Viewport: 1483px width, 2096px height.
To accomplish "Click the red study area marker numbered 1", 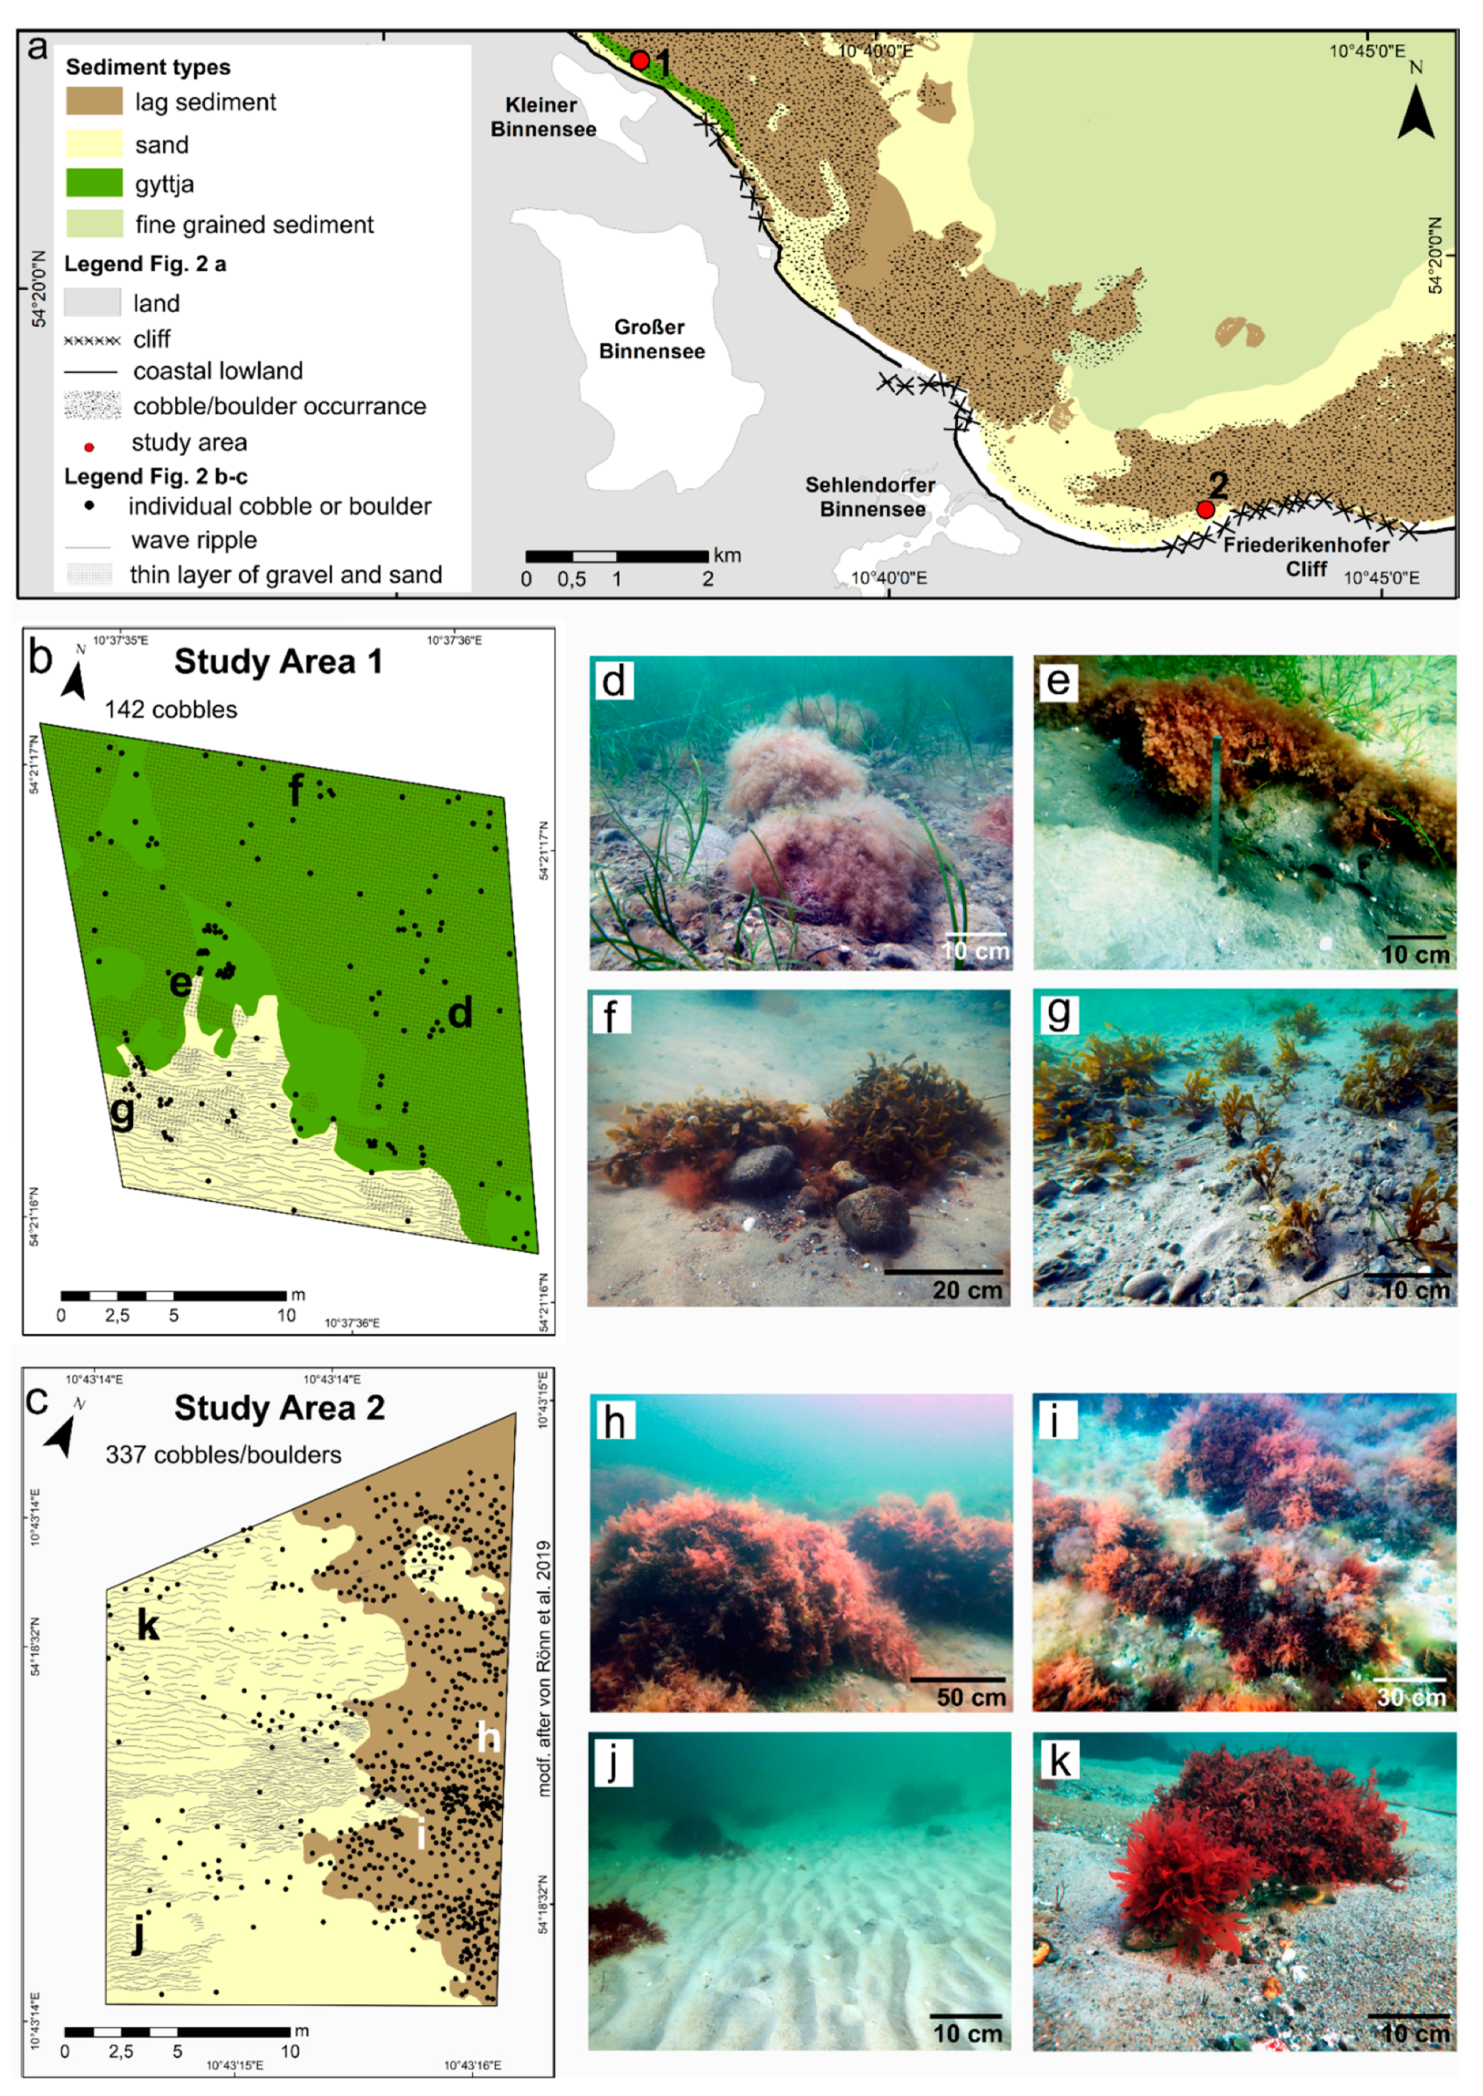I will tap(640, 60).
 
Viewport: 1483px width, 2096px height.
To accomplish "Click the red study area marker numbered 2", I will tap(1205, 508).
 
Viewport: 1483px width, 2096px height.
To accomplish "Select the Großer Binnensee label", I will tap(651, 339).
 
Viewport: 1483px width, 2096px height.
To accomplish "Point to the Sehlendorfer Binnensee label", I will tap(870, 497).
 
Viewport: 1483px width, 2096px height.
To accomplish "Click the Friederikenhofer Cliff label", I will tap(1306, 556).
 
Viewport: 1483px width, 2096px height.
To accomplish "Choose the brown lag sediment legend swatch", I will tap(94, 101).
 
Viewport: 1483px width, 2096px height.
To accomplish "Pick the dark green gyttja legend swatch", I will tap(94, 183).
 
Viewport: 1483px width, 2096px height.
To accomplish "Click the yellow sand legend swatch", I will tap(94, 143).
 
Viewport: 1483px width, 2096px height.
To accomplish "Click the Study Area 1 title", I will tap(278, 661).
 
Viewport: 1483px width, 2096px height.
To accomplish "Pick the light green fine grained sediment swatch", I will tap(94, 224).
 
